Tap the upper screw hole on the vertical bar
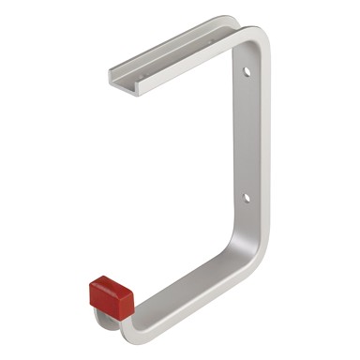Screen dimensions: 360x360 (247, 71)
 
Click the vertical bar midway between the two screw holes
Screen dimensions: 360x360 (248, 133)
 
